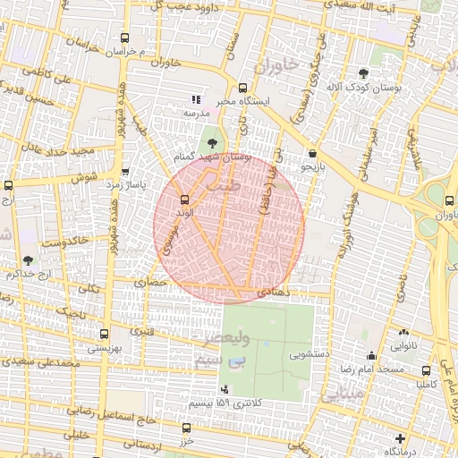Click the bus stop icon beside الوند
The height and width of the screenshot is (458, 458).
coord(185,199)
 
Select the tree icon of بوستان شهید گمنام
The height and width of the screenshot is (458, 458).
coord(211,141)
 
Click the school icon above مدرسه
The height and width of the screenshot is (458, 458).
coord(196,99)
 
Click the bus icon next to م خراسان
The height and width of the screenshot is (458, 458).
coord(124,38)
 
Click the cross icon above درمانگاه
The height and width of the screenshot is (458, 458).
coord(400,438)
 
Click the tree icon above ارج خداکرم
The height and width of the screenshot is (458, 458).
coord(28,260)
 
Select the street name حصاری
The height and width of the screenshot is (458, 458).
coord(151,282)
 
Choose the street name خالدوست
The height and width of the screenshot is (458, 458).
coord(64,242)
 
